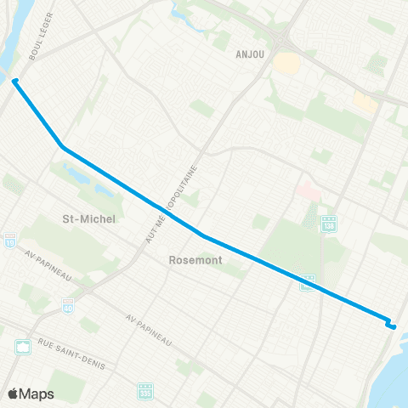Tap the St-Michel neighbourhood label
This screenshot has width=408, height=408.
89,218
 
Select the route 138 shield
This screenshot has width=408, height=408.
331,223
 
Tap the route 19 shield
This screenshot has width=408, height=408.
8,241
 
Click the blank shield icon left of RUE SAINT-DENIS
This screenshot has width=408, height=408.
23,347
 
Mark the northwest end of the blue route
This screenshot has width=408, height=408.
14,81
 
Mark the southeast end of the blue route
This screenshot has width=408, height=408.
393,326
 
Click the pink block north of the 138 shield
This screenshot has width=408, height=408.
308,191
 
